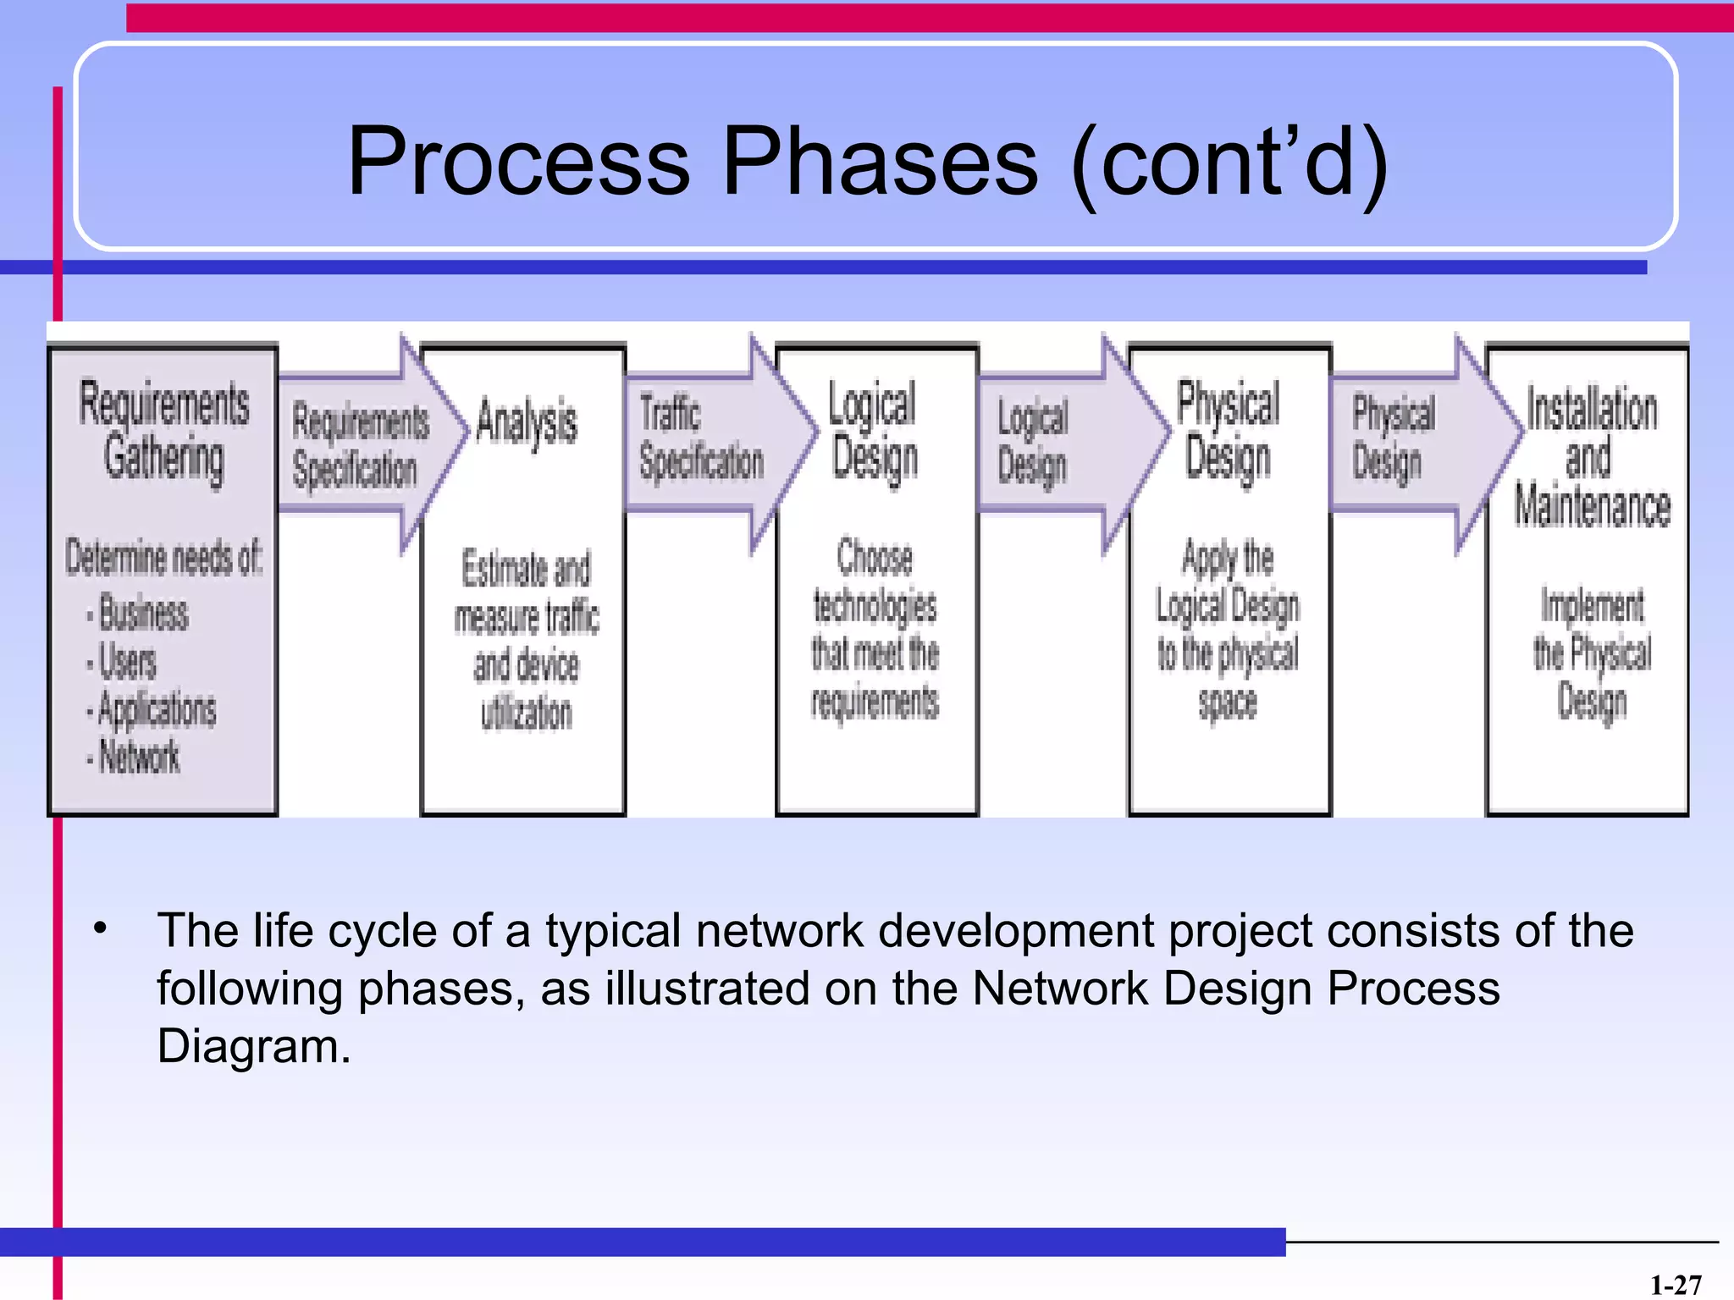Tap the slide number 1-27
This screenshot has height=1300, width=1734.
[x=1675, y=1285]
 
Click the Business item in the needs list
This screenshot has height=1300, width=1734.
[x=142, y=613]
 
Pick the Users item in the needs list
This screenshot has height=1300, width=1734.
[x=127, y=661]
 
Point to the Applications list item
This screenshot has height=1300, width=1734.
[x=156, y=709]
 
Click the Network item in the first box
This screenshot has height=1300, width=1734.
[x=139, y=757]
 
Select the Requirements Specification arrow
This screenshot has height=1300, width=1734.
[x=360, y=445]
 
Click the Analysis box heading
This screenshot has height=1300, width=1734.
[x=527, y=421]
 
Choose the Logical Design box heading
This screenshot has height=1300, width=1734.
[x=874, y=432]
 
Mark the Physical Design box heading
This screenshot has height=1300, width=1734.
[x=1228, y=430]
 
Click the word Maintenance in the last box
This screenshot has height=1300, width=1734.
[x=1592, y=506]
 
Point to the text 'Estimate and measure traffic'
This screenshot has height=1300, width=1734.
[x=527, y=592]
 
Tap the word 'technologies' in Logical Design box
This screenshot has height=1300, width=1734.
[x=875, y=606]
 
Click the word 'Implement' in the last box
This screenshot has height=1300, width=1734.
[x=1592, y=606]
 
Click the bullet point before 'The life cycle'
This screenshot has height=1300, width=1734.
[x=101, y=928]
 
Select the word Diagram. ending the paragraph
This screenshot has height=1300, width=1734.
[x=253, y=1046]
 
